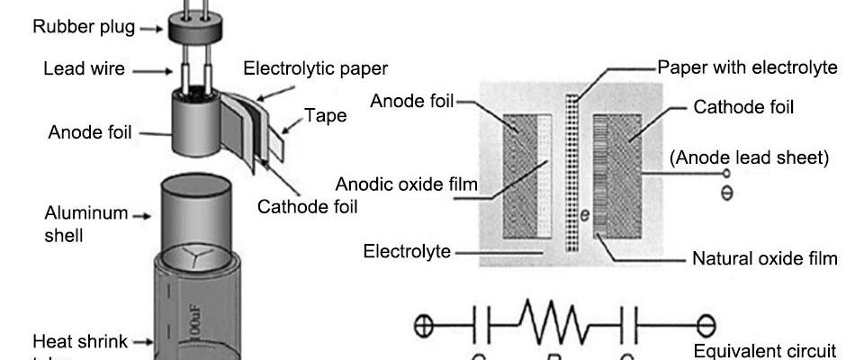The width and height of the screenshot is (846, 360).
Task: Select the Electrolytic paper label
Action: [316, 68]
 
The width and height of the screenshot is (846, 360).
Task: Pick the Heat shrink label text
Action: [79, 342]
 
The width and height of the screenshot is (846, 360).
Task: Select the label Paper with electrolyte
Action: [747, 68]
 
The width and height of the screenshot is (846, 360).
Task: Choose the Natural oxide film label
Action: [765, 259]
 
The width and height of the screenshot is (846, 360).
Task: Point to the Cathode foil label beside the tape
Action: [308, 207]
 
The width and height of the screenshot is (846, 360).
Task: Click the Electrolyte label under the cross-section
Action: [407, 252]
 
